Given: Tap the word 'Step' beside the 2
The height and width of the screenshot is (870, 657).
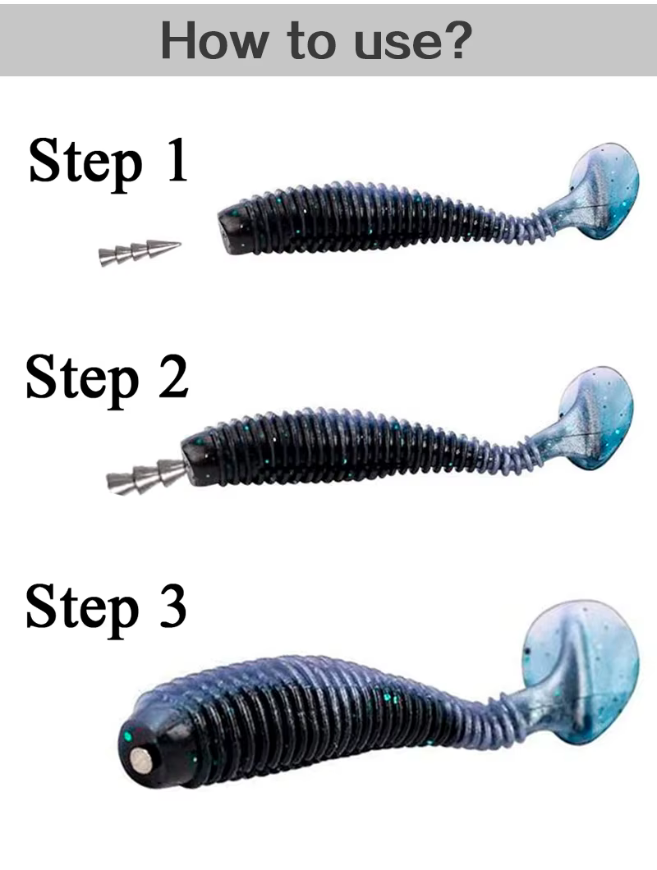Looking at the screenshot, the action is click(x=82, y=382).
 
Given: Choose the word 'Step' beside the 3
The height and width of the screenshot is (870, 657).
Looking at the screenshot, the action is click(x=82, y=611).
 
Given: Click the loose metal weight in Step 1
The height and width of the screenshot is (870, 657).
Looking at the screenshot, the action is click(x=140, y=252).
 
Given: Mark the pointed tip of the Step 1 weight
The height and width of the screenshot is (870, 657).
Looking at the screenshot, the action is click(x=180, y=244).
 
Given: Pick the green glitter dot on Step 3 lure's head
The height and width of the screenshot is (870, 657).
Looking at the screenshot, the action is click(x=128, y=736).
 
